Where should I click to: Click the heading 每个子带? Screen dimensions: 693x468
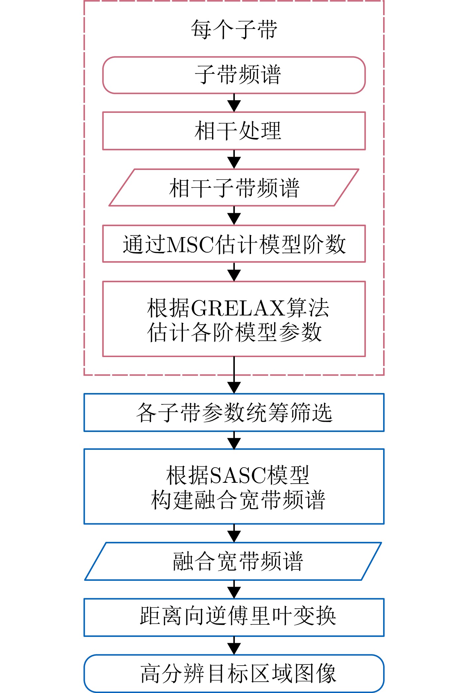click(x=234, y=30)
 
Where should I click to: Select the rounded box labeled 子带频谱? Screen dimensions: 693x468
click(x=234, y=75)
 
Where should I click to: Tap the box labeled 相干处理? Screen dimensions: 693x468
click(x=234, y=131)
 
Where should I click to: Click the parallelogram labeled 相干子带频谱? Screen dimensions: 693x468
click(x=234, y=187)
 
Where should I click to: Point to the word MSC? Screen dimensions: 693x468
click(x=191, y=245)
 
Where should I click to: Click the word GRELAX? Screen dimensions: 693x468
click(x=237, y=308)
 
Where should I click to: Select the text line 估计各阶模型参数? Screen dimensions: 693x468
click(x=234, y=332)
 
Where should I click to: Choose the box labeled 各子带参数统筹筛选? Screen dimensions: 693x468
click(x=234, y=412)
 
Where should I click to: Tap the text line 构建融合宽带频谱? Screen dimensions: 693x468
click(x=238, y=500)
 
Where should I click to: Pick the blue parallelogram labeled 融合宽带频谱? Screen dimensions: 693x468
click(x=234, y=561)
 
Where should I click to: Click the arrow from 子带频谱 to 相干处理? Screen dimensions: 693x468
click(x=234, y=103)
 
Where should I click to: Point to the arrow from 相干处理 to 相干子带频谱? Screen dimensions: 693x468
click(x=234, y=159)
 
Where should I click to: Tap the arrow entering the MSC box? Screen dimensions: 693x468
click(x=234, y=216)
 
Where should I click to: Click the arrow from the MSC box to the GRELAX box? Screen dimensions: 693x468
click(x=234, y=272)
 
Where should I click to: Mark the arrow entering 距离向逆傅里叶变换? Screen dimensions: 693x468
click(x=234, y=589)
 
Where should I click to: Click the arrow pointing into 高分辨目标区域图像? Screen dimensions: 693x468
click(x=234, y=645)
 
